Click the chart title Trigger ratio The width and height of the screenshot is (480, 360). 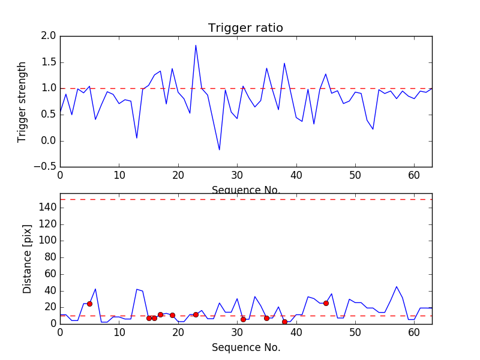245,28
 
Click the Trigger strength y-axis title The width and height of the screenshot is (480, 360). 22,101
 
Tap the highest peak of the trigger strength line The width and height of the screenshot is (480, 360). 196,45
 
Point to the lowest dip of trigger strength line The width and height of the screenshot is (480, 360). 219,150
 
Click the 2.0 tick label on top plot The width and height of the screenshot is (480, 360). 49,36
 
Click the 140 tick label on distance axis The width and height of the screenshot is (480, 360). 48,208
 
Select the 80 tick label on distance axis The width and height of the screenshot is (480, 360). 50,257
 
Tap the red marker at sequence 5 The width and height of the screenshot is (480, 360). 89,304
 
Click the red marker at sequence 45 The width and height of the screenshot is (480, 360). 326,303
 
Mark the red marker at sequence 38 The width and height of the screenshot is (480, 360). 284,322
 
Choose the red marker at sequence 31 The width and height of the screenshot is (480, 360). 243,319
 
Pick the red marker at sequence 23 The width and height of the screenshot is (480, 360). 196,314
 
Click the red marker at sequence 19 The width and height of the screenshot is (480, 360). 172,315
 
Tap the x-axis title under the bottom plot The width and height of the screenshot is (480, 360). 245,347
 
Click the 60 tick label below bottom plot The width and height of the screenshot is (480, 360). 414,332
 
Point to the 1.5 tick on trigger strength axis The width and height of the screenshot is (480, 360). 49,62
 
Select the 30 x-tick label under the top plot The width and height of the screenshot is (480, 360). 237,175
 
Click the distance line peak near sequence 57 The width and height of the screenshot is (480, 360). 397,286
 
